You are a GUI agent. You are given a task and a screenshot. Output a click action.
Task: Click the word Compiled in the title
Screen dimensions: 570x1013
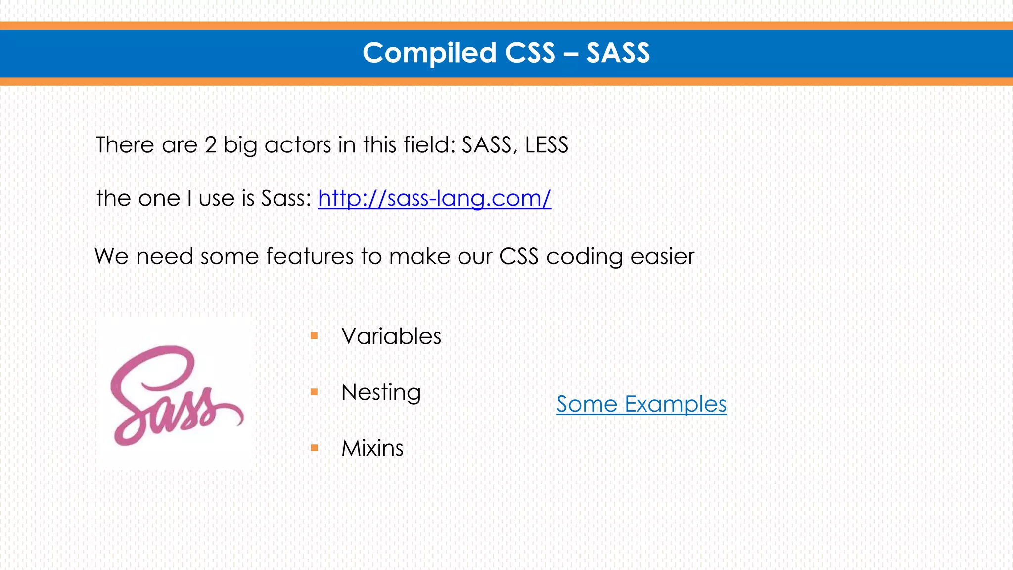click(x=429, y=53)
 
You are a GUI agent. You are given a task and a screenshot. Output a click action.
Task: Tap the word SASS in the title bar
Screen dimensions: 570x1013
click(x=618, y=53)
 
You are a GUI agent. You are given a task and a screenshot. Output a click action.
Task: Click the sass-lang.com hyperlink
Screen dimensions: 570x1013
click(x=434, y=198)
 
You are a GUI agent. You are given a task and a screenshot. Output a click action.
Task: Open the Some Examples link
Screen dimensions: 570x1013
click(x=642, y=404)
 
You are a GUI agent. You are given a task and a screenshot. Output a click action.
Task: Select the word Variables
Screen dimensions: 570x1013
click(x=391, y=336)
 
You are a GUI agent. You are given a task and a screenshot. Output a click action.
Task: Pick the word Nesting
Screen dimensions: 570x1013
click(x=381, y=392)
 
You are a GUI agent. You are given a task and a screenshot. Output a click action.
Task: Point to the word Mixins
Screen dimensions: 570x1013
click(x=372, y=448)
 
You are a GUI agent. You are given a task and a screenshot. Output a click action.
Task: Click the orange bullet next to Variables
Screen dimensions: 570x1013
click(x=314, y=336)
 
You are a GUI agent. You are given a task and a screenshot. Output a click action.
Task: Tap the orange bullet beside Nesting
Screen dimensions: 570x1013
click(x=314, y=392)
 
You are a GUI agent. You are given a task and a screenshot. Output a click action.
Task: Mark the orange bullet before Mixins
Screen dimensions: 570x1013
click(x=314, y=448)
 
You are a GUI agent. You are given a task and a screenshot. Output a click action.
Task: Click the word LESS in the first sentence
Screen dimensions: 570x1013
click(x=547, y=145)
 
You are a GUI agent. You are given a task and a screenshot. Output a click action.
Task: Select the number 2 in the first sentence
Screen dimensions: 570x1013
click(x=211, y=145)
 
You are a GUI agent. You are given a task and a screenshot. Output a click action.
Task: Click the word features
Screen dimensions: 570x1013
click(x=310, y=256)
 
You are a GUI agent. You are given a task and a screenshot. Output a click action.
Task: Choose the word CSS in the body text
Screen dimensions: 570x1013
click(x=518, y=256)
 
